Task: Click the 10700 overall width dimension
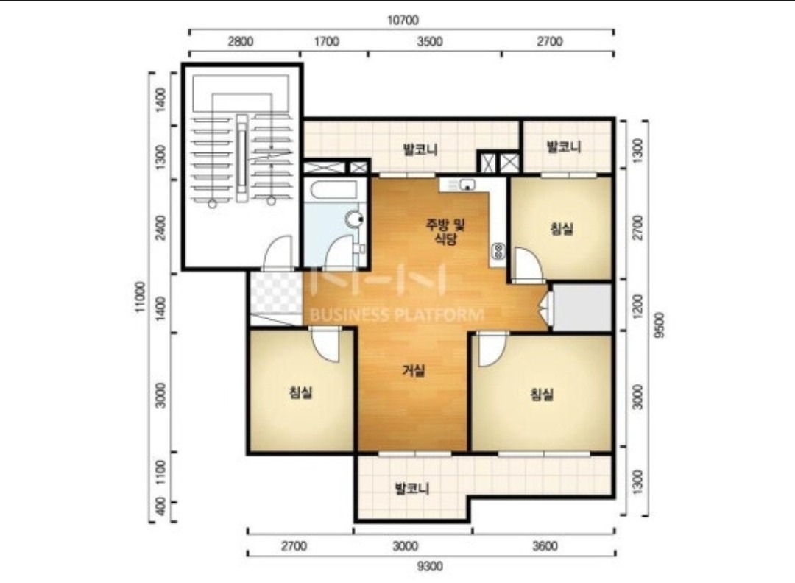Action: [403, 21]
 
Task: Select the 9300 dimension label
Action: [430, 566]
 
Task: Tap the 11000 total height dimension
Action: [141, 297]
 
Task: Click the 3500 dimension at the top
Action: [430, 41]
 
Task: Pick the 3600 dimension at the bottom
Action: [545, 546]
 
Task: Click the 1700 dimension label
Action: [327, 41]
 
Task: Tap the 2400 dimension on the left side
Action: [160, 228]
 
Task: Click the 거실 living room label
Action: [414, 370]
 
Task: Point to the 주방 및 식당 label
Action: [445, 231]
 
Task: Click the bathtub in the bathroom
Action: [334, 190]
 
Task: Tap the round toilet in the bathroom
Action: [354, 219]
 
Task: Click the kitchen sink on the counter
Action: [466, 185]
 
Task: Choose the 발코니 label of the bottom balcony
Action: [412, 489]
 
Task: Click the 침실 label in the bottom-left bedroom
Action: [300, 392]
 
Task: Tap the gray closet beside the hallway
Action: [582, 307]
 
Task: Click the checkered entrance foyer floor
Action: [277, 293]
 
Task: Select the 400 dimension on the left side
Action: [160, 506]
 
